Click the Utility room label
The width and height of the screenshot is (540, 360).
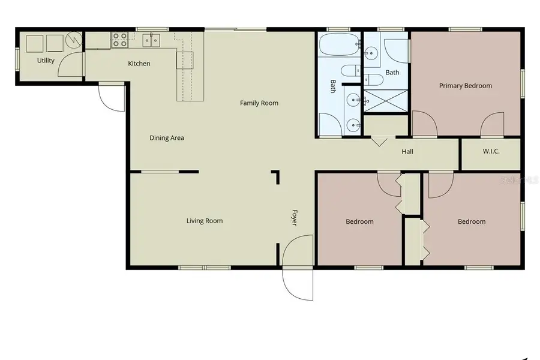46,61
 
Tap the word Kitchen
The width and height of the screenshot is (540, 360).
139,64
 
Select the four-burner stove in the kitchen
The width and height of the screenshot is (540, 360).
120,40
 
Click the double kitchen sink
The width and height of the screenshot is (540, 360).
151,40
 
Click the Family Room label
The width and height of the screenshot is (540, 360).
259,103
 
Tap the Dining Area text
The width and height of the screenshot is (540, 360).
167,138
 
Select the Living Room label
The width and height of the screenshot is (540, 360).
205,221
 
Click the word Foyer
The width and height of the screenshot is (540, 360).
295,217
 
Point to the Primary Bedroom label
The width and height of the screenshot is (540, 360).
466,86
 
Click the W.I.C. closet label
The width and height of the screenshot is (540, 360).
491,151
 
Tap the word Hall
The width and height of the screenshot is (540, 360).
407,152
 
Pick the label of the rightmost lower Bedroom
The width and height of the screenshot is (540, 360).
472,222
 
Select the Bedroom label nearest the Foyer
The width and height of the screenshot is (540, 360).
359,222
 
